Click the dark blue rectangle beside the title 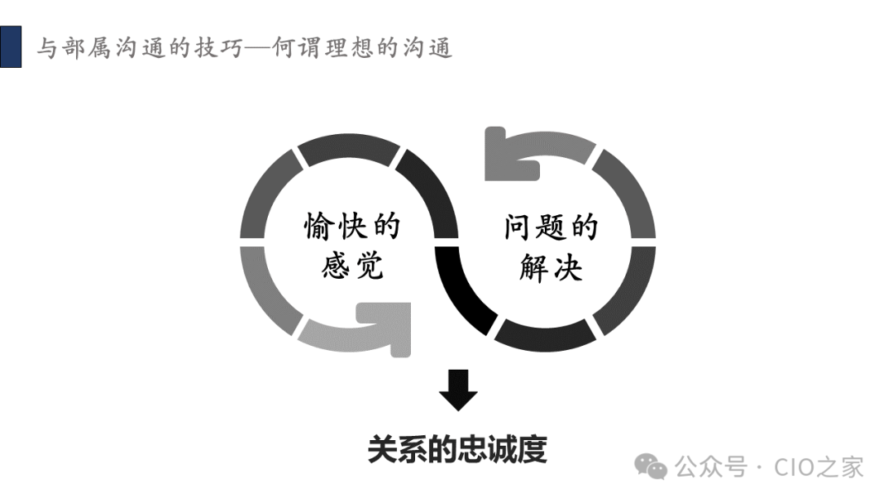[x=11, y=46]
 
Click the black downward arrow [x=458, y=390]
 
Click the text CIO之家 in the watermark [x=819, y=467]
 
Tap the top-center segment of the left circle [x=347, y=149]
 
